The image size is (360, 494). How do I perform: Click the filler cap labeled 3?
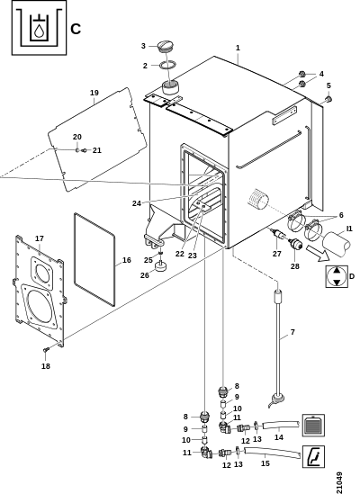coord(166,46)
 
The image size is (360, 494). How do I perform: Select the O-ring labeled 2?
coord(167,65)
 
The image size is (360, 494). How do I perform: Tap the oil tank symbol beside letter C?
coord(39,27)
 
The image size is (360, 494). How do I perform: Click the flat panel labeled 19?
coord(97,139)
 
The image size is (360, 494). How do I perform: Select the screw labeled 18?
coord(46,349)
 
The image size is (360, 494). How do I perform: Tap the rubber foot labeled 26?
coord(161,267)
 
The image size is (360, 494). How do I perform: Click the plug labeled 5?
coord(328,100)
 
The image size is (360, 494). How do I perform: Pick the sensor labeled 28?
coord(295,244)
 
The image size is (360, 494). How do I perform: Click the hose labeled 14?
coord(281,424)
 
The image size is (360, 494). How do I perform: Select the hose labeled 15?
coord(272,452)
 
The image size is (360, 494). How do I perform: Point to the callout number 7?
coord(292,332)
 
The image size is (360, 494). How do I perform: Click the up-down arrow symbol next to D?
coord(337,276)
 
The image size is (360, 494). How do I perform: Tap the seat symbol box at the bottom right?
coord(313,456)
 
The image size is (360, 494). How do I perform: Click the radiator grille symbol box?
coord(313,426)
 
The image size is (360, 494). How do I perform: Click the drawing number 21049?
coord(339,482)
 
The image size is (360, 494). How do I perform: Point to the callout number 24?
coord(137,203)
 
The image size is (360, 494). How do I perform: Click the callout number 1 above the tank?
coord(238,48)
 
